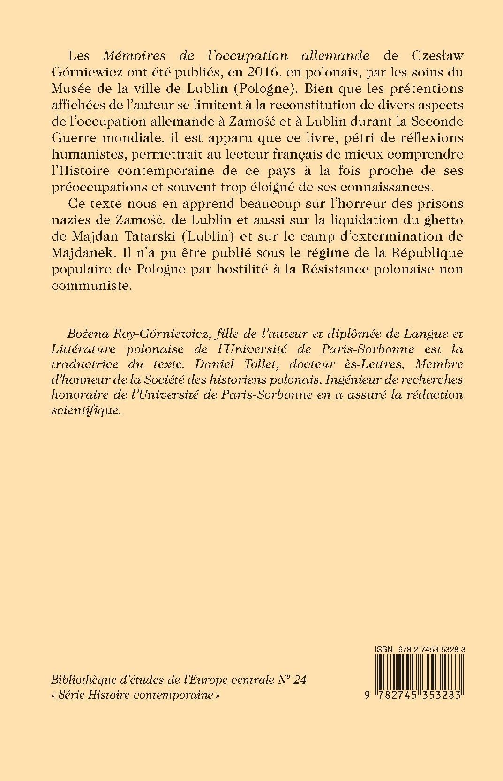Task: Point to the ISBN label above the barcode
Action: tap(384, 648)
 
